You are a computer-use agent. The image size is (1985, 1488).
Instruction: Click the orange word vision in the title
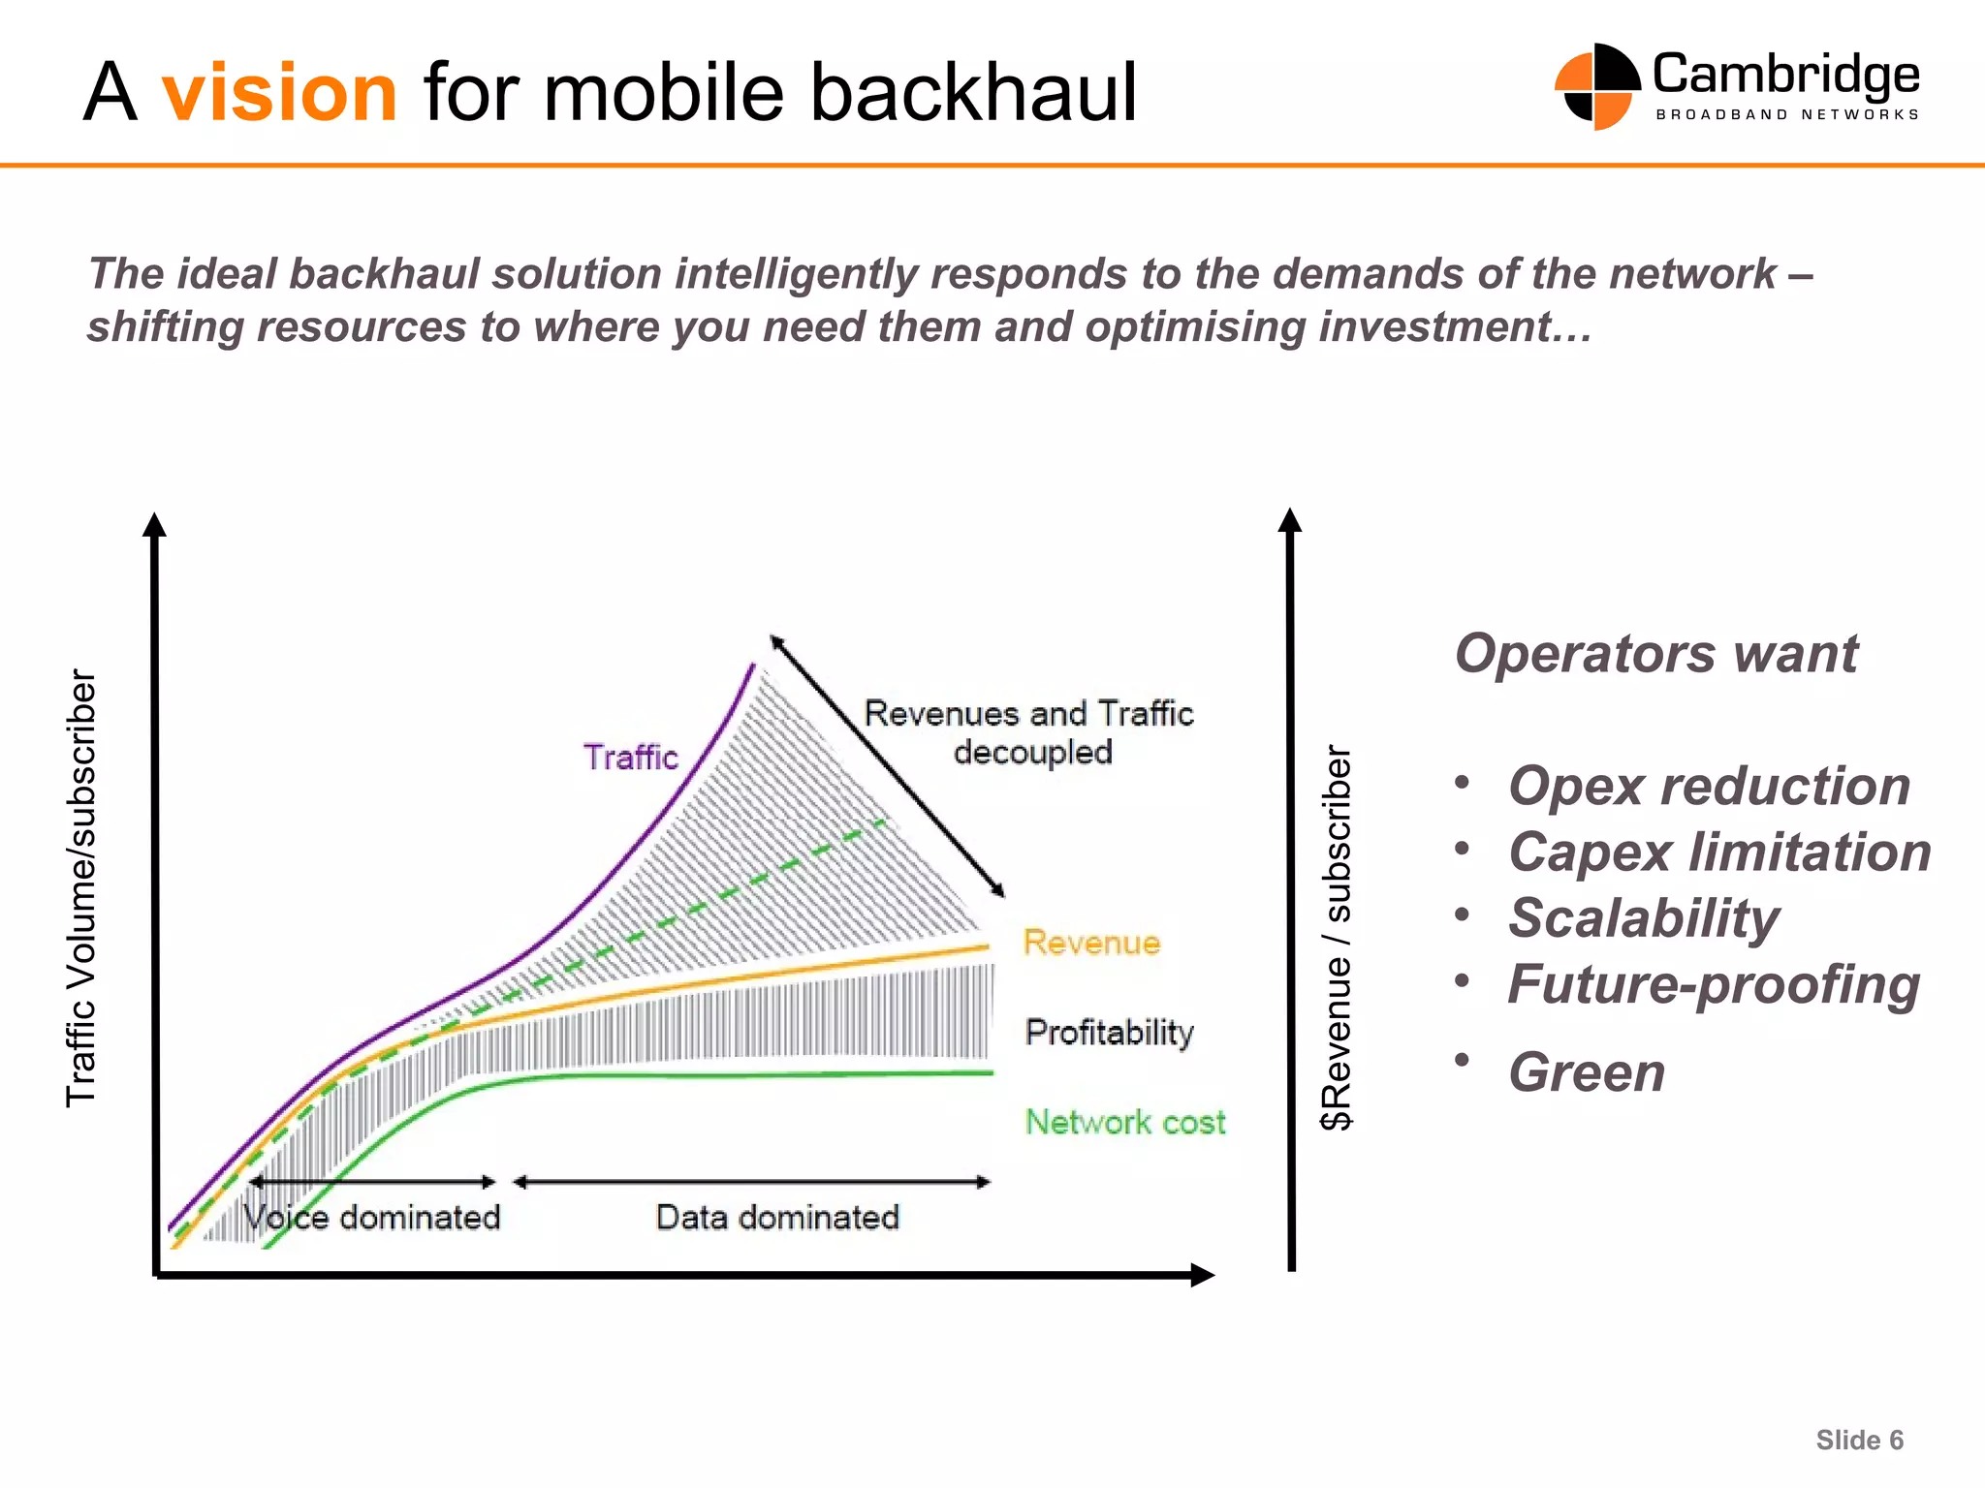pyautogui.click(x=279, y=93)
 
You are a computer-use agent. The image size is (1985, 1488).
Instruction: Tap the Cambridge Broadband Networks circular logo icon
pyautogui.click(x=1596, y=87)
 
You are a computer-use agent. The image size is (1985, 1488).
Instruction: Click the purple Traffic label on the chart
pyautogui.click(x=630, y=757)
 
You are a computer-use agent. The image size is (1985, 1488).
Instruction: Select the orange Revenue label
pyautogui.click(x=1091, y=943)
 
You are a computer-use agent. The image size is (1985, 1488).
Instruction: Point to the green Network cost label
pyautogui.click(x=1124, y=1122)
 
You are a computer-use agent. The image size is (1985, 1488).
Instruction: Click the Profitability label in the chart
pyautogui.click(x=1109, y=1032)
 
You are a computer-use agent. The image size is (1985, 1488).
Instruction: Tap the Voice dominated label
pyautogui.click(x=372, y=1217)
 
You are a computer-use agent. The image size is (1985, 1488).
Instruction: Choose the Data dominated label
pyautogui.click(x=777, y=1217)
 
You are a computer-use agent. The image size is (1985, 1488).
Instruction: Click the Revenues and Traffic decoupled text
pyautogui.click(x=1029, y=732)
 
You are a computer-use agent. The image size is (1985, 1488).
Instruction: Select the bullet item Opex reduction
pyautogui.click(x=1709, y=785)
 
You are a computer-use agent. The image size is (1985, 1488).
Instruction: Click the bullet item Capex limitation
pyautogui.click(x=1719, y=852)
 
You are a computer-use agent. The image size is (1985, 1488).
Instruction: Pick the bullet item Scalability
pyautogui.click(x=1644, y=918)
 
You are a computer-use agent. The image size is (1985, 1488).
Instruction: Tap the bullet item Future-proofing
pyautogui.click(x=1714, y=984)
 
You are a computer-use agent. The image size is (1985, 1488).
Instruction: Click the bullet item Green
pyautogui.click(x=1587, y=1072)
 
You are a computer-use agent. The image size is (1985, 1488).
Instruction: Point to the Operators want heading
pyautogui.click(x=1655, y=653)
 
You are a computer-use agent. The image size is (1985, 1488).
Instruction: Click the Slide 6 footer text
pyautogui.click(x=1859, y=1441)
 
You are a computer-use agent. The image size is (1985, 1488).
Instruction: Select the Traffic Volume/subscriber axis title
pyautogui.click(x=81, y=887)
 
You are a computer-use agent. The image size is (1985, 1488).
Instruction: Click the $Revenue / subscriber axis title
pyautogui.click(x=1337, y=937)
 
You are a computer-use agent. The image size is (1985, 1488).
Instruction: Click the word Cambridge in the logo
pyautogui.click(x=1785, y=76)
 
